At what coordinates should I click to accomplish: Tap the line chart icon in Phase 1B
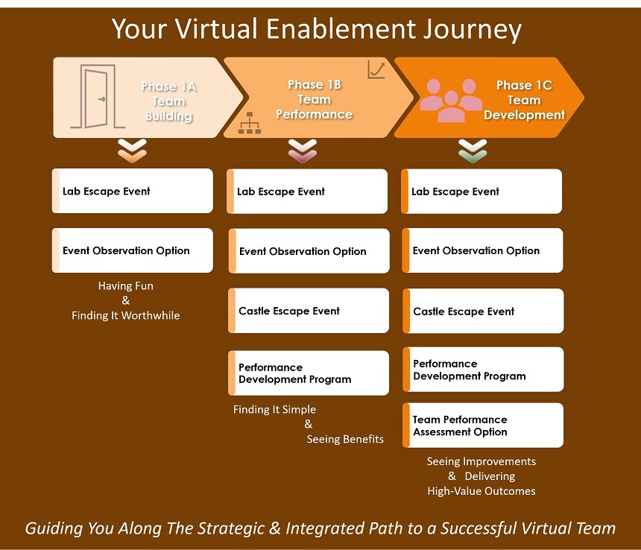point(376,70)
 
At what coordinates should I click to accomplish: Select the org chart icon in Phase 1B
point(249,123)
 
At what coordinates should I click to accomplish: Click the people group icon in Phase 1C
point(450,100)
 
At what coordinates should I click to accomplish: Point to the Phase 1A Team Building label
point(169,101)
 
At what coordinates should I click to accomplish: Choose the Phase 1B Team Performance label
point(314,100)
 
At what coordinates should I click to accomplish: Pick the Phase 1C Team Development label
point(524,101)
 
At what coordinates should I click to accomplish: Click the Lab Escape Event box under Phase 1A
point(133,192)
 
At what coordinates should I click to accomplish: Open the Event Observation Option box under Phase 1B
point(309,251)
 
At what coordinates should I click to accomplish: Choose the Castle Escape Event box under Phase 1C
point(483,312)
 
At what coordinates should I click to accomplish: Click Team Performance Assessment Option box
point(483,426)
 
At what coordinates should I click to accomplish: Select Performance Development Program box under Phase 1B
point(309,373)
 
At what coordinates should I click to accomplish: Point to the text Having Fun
point(126,286)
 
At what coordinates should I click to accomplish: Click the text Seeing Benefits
point(345,439)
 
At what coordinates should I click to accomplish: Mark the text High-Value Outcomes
point(481,491)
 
